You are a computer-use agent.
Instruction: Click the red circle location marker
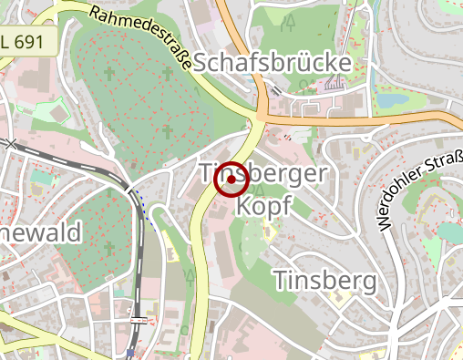click(231, 180)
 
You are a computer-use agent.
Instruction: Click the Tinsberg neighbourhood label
click(324, 280)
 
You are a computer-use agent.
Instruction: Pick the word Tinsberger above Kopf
click(262, 174)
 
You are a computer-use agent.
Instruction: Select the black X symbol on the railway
click(10, 143)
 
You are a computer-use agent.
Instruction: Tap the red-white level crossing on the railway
click(137, 321)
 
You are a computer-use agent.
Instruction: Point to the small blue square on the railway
click(131, 353)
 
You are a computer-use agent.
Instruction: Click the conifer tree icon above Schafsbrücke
click(289, 24)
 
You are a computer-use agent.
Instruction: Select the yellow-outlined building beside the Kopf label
click(270, 232)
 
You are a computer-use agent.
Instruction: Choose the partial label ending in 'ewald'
click(40, 232)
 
